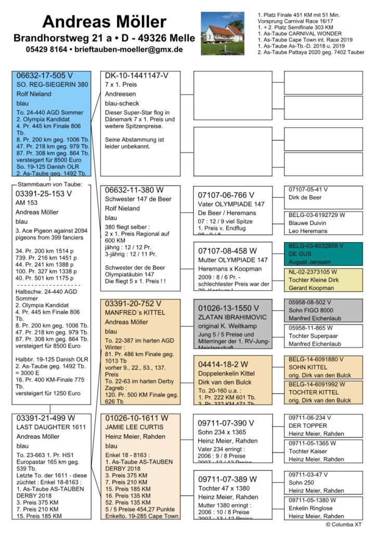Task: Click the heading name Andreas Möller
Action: coord(104,22)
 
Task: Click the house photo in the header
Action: coord(222,33)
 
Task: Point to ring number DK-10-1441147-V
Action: coord(137,75)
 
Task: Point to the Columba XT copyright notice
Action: coord(343,525)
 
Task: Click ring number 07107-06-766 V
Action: coord(226,195)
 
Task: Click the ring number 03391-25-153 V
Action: coord(44,193)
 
